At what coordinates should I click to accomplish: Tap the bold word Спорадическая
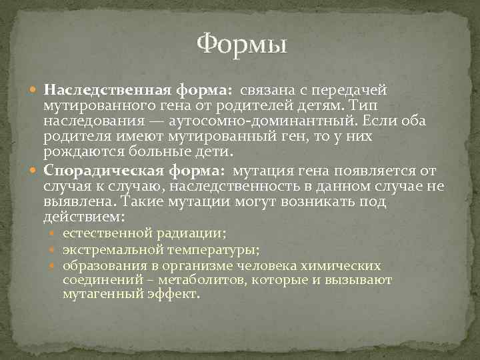point(94,171)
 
